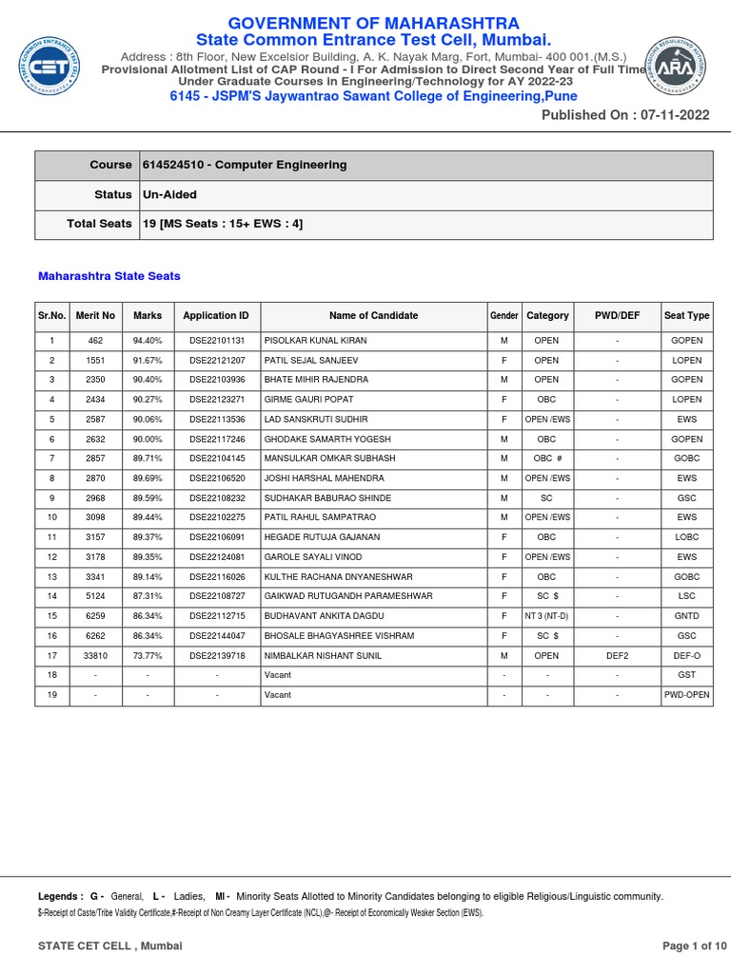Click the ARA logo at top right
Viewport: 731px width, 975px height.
[682, 68]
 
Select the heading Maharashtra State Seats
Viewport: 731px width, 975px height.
[109, 276]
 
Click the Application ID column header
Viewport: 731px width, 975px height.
[216, 315]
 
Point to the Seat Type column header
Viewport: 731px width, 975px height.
[686, 315]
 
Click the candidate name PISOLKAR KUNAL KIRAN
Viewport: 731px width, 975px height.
[315, 341]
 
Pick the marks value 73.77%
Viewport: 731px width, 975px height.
[148, 655]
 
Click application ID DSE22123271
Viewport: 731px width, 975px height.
[217, 400]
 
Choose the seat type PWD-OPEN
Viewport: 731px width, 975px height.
[686, 695]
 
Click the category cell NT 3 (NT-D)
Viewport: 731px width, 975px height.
[547, 616]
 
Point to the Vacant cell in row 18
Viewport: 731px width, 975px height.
[277, 675]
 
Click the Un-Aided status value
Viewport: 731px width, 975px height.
[169, 194]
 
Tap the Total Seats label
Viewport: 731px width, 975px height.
[98, 224]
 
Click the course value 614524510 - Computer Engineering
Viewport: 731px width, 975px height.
[245, 165]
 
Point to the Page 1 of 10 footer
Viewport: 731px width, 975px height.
[695, 945]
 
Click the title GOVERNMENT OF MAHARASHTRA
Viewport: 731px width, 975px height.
[373, 23]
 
